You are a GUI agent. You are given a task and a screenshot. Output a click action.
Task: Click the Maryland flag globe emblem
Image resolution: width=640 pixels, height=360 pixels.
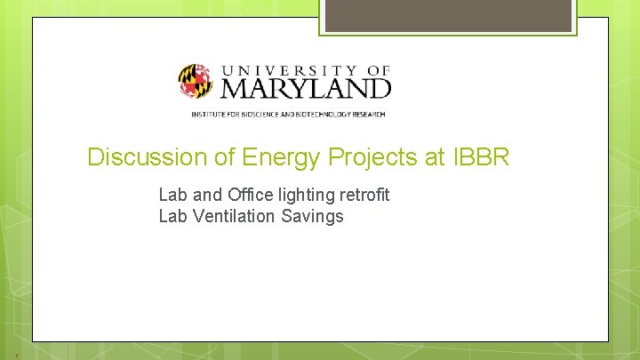[195, 81]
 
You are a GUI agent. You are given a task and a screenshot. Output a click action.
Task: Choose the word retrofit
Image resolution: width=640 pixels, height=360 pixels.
[364, 194]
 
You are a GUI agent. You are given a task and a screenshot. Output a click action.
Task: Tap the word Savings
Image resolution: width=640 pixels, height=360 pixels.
[313, 216]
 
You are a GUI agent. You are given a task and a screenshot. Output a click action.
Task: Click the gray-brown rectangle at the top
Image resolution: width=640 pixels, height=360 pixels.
[448, 15]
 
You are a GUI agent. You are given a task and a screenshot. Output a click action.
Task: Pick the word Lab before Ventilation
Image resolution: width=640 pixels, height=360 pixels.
[172, 216]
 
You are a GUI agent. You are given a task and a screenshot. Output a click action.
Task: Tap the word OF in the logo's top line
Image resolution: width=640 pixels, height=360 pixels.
[378, 68]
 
